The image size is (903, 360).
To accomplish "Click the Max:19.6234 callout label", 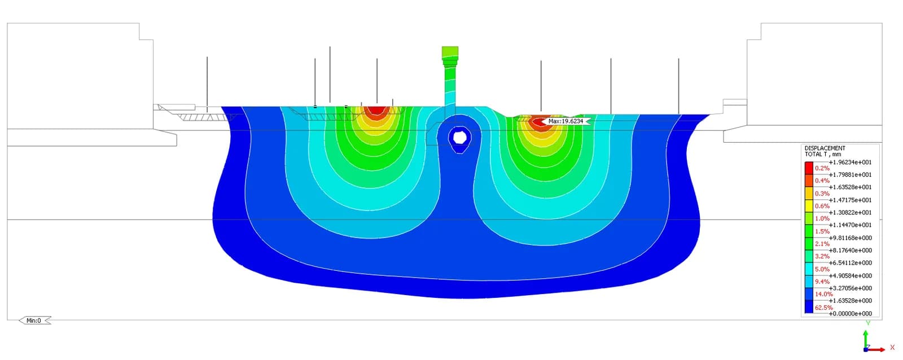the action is tap(567, 121).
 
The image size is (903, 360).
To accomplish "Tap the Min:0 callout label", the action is tap(34, 321).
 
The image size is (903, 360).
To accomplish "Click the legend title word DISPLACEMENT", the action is tap(825, 148).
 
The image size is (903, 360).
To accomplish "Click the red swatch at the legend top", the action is tap(809, 168).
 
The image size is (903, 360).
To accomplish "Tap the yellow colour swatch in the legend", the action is tap(809, 206).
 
